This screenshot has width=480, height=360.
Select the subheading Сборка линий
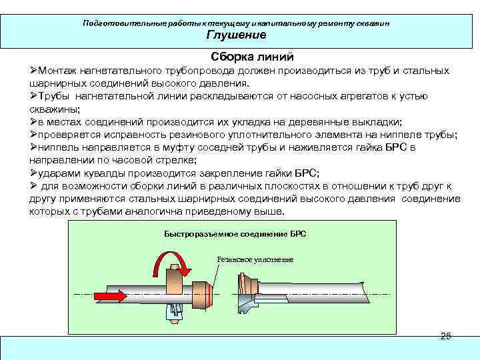click(x=252, y=57)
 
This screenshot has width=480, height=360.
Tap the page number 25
click(x=445, y=336)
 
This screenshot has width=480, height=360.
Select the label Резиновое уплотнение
click(x=255, y=259)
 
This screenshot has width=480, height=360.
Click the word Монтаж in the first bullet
click(x=59, y=71)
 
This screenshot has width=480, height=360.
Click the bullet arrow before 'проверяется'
click(x=33, y=134)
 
